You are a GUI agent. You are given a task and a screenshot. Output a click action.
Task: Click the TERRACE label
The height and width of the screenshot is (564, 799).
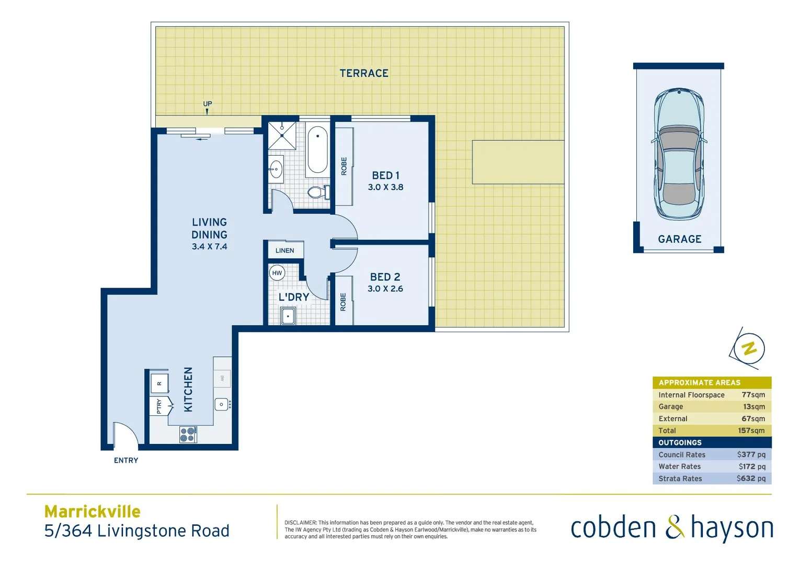(364, 74)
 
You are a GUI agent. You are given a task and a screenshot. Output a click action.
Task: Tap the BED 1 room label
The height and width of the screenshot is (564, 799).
(385, 175)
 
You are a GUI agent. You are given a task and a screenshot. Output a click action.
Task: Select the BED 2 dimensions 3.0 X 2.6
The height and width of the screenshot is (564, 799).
(385, 289)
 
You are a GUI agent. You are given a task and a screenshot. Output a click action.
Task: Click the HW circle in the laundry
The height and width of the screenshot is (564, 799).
(277, 273)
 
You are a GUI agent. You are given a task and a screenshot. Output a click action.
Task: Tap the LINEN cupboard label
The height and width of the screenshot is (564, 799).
(285, 251)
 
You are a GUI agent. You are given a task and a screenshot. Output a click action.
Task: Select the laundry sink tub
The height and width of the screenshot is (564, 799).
(288, 316)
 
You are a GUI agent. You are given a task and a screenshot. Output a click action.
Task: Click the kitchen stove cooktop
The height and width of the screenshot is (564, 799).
(188, 434)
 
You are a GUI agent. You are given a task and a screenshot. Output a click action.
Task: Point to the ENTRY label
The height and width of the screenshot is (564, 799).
(126, 461)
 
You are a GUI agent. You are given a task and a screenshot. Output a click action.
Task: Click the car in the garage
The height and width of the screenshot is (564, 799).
(679, 154)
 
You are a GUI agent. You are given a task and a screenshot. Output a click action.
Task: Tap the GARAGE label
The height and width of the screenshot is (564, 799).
(679, 239)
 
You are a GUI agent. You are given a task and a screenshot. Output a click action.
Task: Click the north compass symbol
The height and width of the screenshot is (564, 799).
(749, 349)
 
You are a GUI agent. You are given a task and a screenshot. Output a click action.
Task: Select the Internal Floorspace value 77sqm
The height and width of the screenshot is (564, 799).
(753, 395)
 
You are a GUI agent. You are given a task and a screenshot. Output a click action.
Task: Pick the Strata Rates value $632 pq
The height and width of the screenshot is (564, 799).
(751, 479)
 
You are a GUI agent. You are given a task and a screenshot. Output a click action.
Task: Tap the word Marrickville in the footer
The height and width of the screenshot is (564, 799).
(93, 511)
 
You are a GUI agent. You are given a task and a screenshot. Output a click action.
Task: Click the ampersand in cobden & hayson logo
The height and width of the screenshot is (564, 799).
(675, 527)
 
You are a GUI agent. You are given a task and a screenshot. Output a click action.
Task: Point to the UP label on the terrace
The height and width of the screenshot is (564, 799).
(208, 104)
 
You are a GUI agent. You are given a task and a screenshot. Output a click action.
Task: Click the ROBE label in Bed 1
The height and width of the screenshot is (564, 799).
(344, 166)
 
